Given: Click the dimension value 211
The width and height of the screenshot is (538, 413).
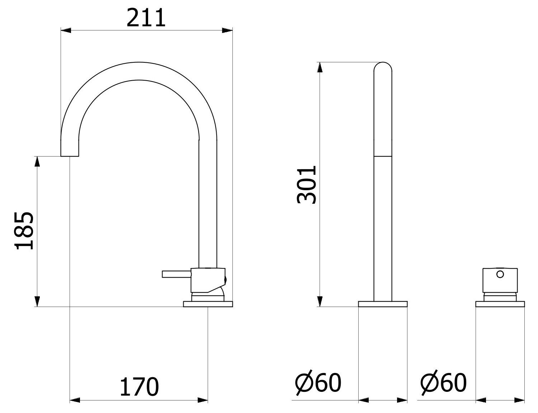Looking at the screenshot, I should (x=146, y=18).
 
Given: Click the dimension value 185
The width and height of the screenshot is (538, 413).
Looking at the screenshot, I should (x=24, y=231).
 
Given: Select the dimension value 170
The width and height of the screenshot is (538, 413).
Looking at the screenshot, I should (x=139, y=387).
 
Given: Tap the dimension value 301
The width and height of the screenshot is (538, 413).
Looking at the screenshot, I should (x=307, y=184).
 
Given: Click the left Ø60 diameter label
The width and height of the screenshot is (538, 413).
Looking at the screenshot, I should (x=318, y=383).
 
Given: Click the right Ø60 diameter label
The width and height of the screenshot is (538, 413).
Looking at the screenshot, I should (x=443, y=383).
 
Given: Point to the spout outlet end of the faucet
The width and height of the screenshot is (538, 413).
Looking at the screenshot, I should (x=70, y=154).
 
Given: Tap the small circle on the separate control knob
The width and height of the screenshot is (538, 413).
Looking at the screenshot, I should (x=500, y=275).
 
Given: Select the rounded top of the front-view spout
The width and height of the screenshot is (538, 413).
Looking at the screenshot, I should (x=383, y=67).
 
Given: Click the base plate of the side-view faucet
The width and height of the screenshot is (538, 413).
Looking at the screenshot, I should (x=208, y=304).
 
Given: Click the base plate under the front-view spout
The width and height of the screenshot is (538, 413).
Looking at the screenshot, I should (x=383, y=304).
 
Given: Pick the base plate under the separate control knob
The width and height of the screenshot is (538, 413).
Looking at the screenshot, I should (x=500, y=304).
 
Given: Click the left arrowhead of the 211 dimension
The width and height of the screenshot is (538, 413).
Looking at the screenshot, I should (x=66, y=30).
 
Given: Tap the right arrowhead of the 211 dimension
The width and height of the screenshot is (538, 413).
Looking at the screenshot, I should (x=227, y=30).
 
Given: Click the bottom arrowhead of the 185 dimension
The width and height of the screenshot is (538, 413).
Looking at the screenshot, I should (x=37, y=301).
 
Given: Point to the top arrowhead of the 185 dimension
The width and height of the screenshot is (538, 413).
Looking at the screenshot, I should (x=37, y=162).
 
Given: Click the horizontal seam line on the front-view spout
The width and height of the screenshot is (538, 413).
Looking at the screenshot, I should (x=383, y=156).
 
